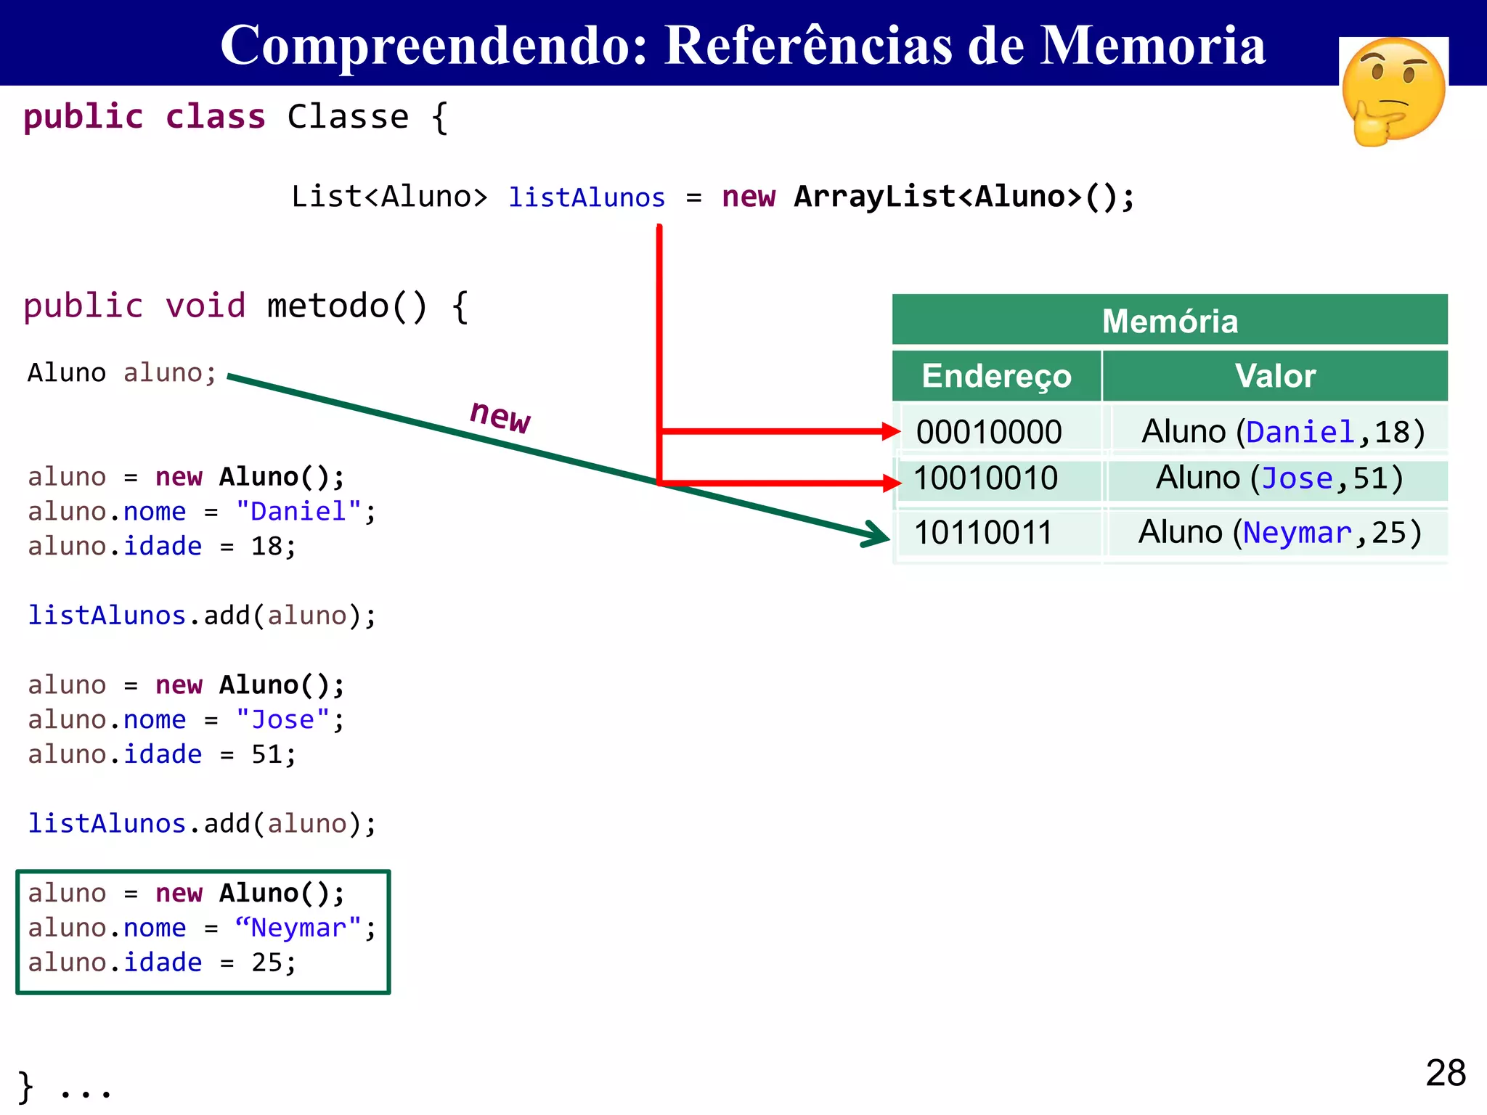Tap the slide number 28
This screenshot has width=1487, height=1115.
coord(1445,1072)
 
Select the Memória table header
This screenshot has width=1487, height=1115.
coord(1169,320)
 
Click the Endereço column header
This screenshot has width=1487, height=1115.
coord(996,376)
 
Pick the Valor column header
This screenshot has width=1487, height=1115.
coord(1275,376)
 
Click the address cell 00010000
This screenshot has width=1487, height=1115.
coord(989,432)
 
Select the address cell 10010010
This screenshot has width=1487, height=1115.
coord(985,478)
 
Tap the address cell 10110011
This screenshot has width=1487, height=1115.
coord(983,533)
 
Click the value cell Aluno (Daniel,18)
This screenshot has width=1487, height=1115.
coord(1283,432)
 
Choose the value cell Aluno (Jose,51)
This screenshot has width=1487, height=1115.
coord(1279,478)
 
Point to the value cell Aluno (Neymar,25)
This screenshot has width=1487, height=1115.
coord(1279,533)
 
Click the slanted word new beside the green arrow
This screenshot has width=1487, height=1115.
coord(500,416)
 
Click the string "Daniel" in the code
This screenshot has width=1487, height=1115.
coord(298,511)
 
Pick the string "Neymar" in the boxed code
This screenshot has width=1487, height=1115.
coord(298,928)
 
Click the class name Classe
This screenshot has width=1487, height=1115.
coord(349,117)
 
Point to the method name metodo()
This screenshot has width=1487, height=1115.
coord(347,306)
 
